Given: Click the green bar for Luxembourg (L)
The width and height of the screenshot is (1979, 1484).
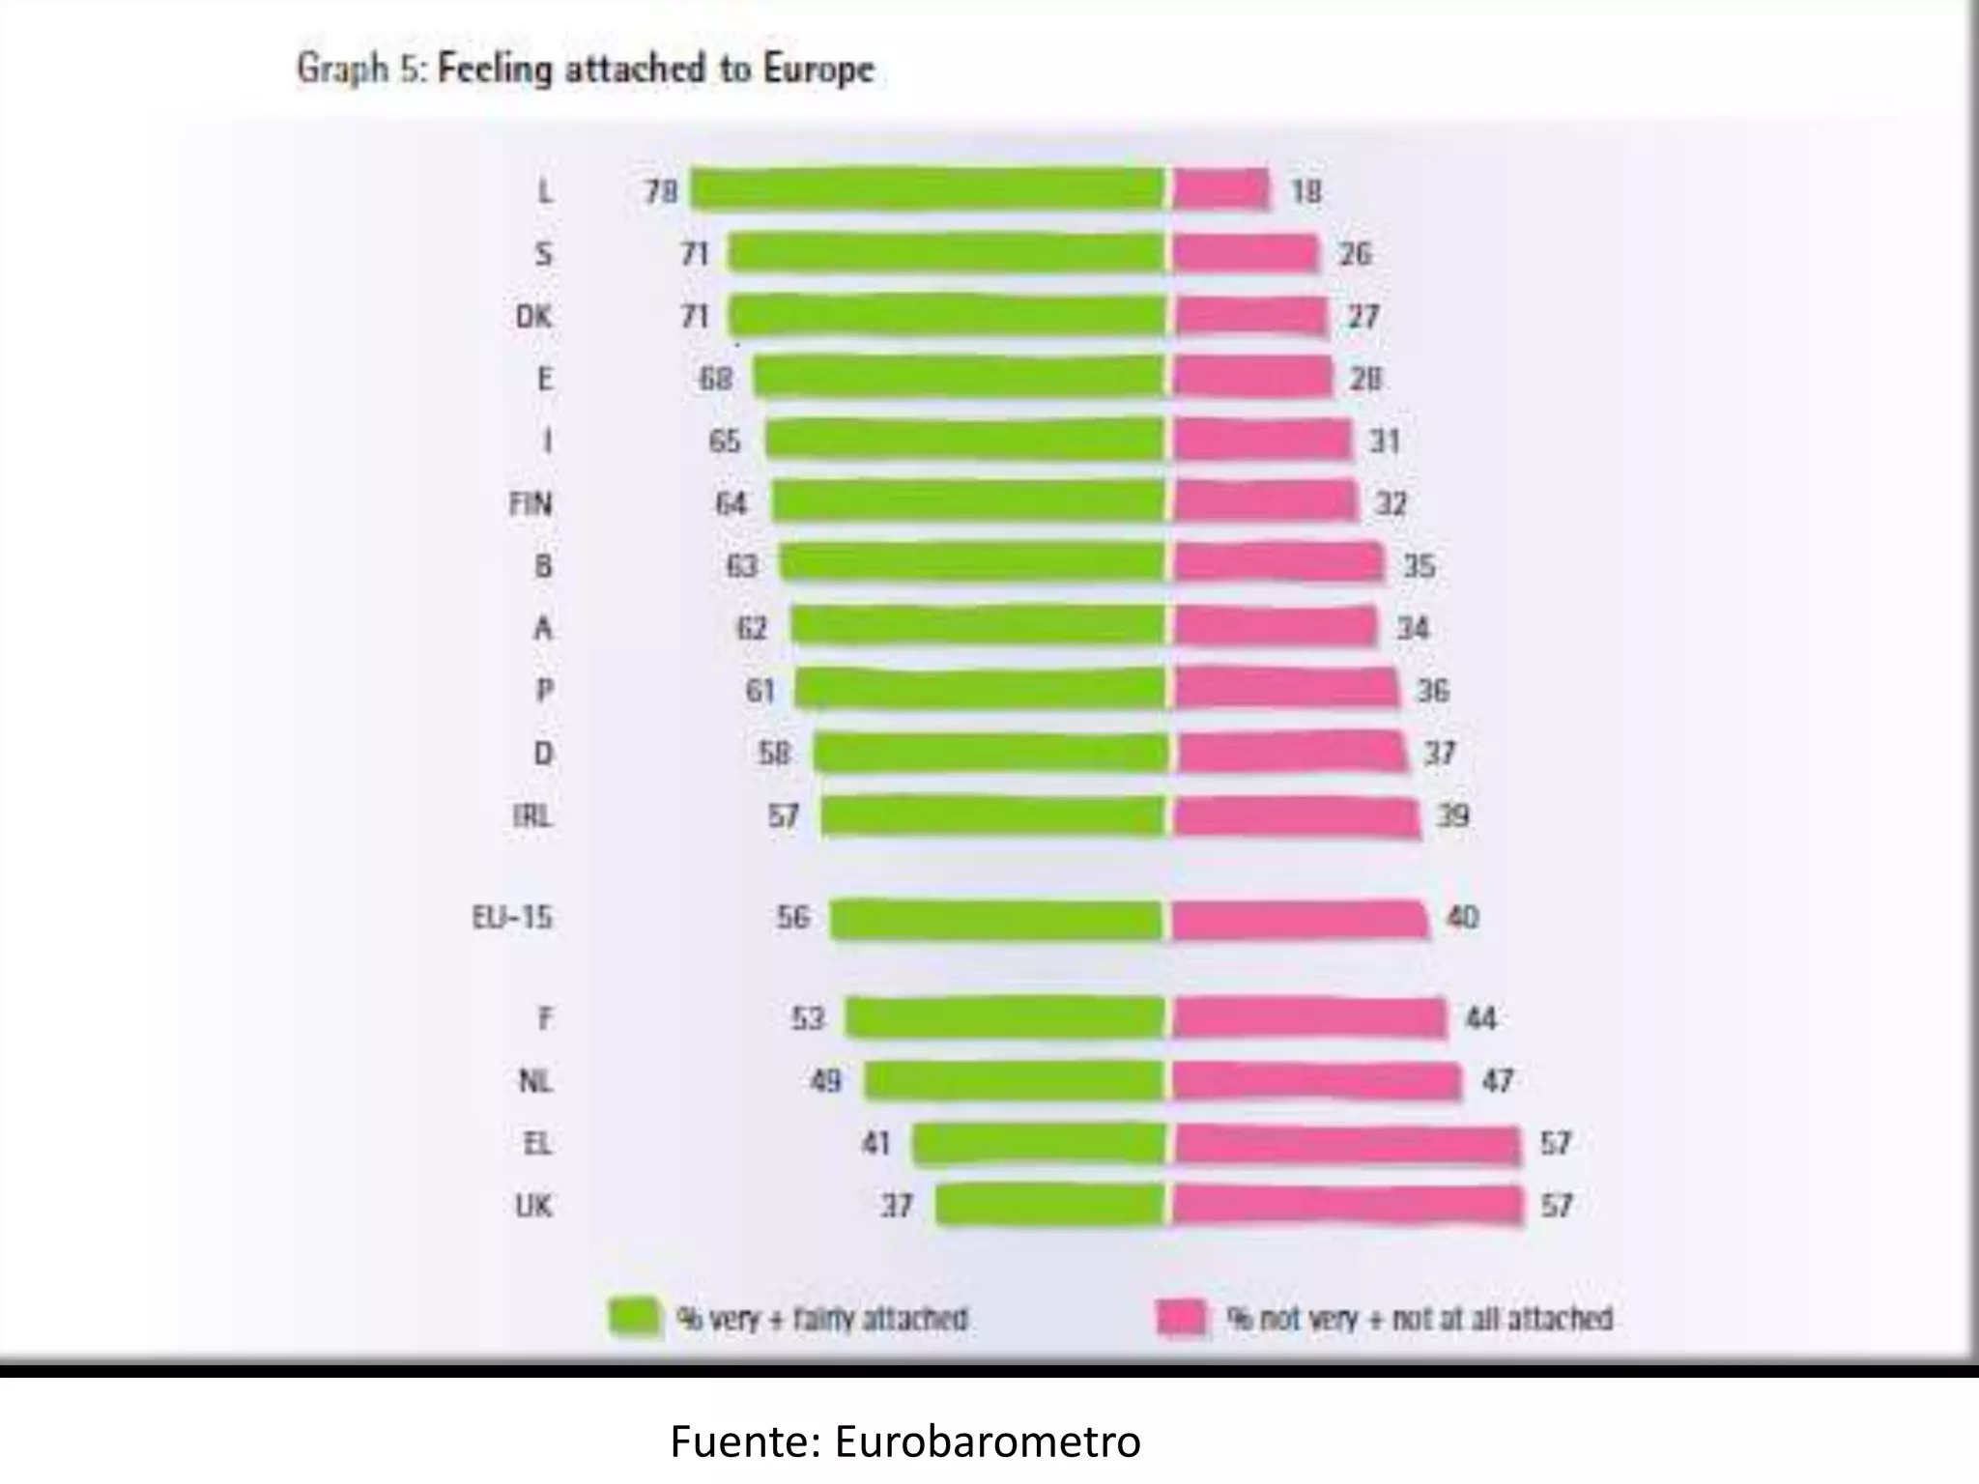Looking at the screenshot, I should (928, 189).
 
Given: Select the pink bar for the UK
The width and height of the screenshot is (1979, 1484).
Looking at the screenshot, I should (1347, 1205).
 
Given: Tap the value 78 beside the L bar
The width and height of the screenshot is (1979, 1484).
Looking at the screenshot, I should (661, 191).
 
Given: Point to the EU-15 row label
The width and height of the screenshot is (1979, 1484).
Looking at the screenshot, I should (512, 917).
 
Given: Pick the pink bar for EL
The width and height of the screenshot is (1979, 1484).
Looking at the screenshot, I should (1347, 1144).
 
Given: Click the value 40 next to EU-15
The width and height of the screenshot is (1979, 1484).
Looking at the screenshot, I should (1462, 917).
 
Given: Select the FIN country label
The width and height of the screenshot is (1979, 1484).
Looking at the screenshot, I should (531, 503).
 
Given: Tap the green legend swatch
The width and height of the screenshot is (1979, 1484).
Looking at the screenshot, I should (634, 1317).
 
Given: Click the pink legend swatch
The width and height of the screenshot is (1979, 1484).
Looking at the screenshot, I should (1182, 1318).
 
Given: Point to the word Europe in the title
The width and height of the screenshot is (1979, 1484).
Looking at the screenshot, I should (818, 69).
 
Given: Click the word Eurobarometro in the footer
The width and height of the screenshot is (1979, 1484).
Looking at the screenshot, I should (988, 1441).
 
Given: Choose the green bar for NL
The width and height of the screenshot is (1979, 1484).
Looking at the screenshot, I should (1015, 1080).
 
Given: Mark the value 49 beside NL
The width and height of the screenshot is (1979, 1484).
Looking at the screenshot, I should (825, 1080).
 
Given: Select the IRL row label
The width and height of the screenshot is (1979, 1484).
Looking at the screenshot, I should (532, 816).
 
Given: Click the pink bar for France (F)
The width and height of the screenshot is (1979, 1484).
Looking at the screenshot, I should (1309, 1018).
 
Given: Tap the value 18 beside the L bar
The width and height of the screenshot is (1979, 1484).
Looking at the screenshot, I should (1305, 191).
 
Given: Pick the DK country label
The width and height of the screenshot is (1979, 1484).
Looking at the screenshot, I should (533, 316).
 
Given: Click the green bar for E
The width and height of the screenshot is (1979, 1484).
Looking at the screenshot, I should (959, 377).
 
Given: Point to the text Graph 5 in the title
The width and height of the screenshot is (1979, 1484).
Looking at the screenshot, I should (360, 69).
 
